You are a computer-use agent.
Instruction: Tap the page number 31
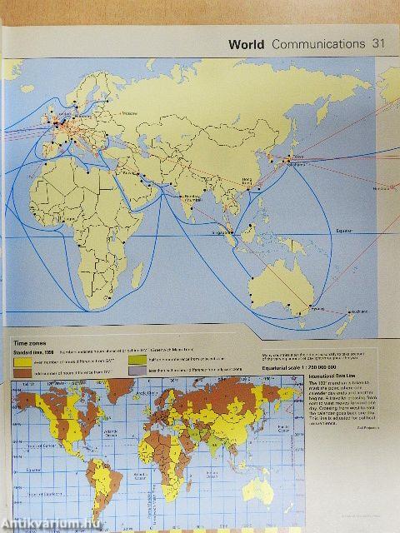tap(379, 43)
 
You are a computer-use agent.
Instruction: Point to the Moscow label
tap(130, 113)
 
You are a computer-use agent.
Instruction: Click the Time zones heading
tap(29, 342)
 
